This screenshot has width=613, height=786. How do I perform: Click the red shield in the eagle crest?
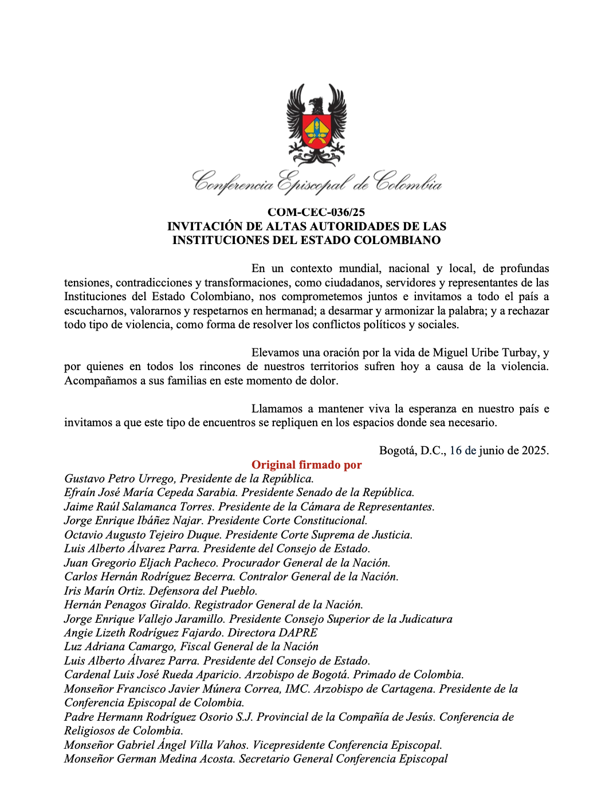[316, 131]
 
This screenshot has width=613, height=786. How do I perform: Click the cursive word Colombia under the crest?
[408, 182]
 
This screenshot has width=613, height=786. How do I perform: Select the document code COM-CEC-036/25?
[316, 213]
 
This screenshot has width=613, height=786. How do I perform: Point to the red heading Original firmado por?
[306, 465]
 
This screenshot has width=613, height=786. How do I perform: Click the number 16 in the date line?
[455, 450]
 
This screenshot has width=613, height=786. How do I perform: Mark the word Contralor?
[262, 576]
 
